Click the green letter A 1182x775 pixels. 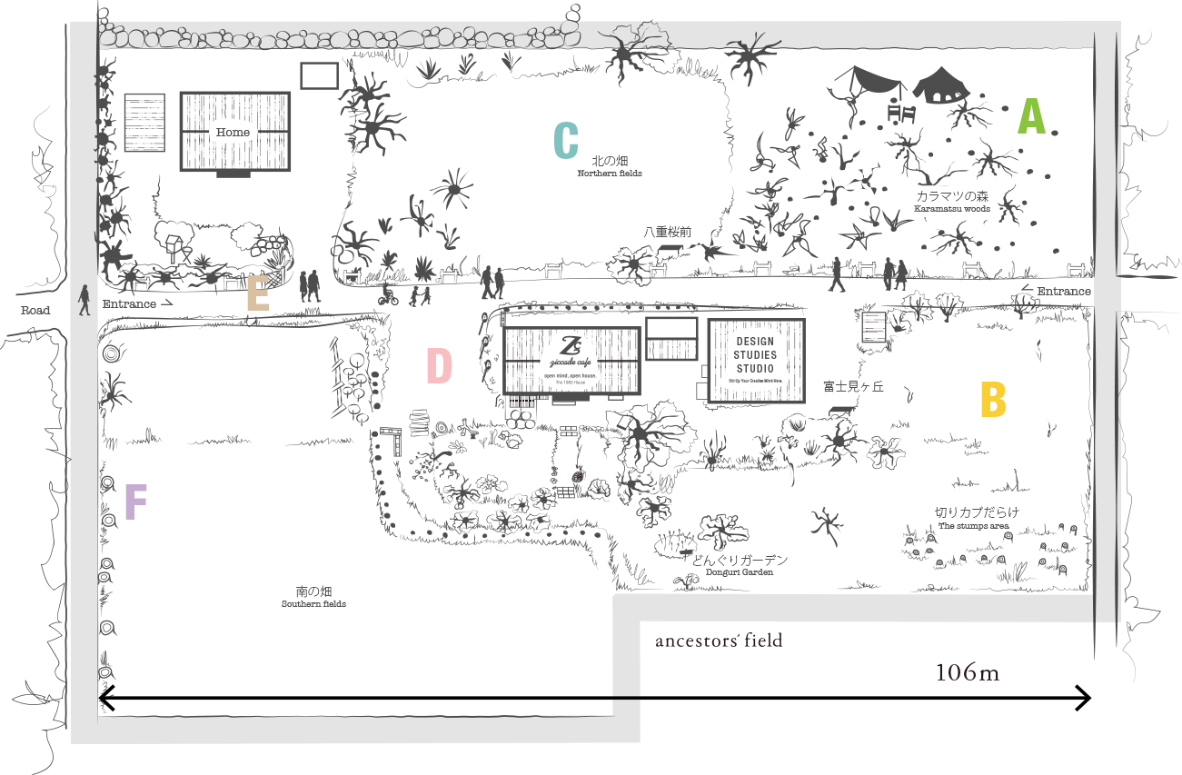1031,116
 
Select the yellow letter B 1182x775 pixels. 993,400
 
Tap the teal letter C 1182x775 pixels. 566,140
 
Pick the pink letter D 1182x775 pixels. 439,366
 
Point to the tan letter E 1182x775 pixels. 258,294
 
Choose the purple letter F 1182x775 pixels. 135,502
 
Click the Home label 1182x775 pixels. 233,133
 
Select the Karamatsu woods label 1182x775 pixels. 952,202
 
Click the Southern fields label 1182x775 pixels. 313,597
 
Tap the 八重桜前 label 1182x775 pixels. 668,232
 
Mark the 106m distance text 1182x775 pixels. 967,672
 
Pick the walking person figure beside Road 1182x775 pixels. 84,300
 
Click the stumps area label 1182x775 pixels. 977,518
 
